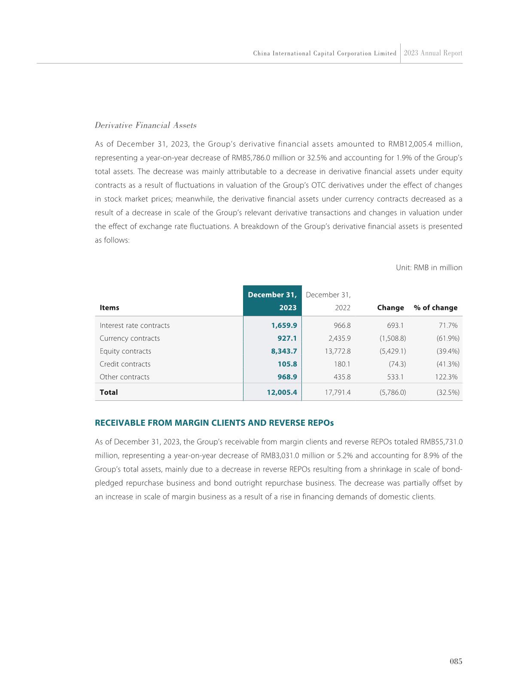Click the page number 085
[x=456, y=661]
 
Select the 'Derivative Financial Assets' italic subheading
[x=146, y=125]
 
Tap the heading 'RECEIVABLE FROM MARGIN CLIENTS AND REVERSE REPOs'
[x=214, y=423]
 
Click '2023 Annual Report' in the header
[x=433, y=53]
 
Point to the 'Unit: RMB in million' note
[x=429, y=268]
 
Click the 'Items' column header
[x=109, y=308]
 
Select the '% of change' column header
[x=435, y=308]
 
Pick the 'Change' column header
[x=390, y=308]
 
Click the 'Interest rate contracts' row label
[x=134, y=325]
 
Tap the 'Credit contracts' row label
[x=125, y=364]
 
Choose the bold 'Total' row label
[x=109, y=392]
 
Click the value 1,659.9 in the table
[x=284, y=325]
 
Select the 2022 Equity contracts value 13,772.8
[x=338, y=351]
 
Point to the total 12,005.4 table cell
[x=282, y=392]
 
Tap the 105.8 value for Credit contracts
[x=287, y=364]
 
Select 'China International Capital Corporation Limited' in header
[x=325, y=54]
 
